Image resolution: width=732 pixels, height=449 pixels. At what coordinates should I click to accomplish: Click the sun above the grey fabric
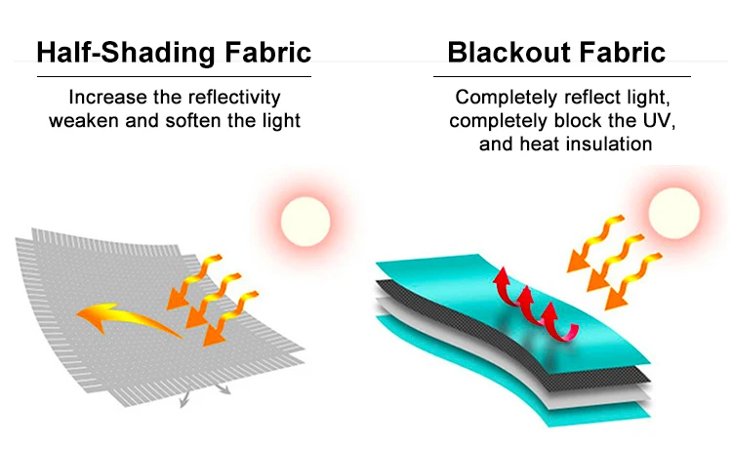[305, 221]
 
